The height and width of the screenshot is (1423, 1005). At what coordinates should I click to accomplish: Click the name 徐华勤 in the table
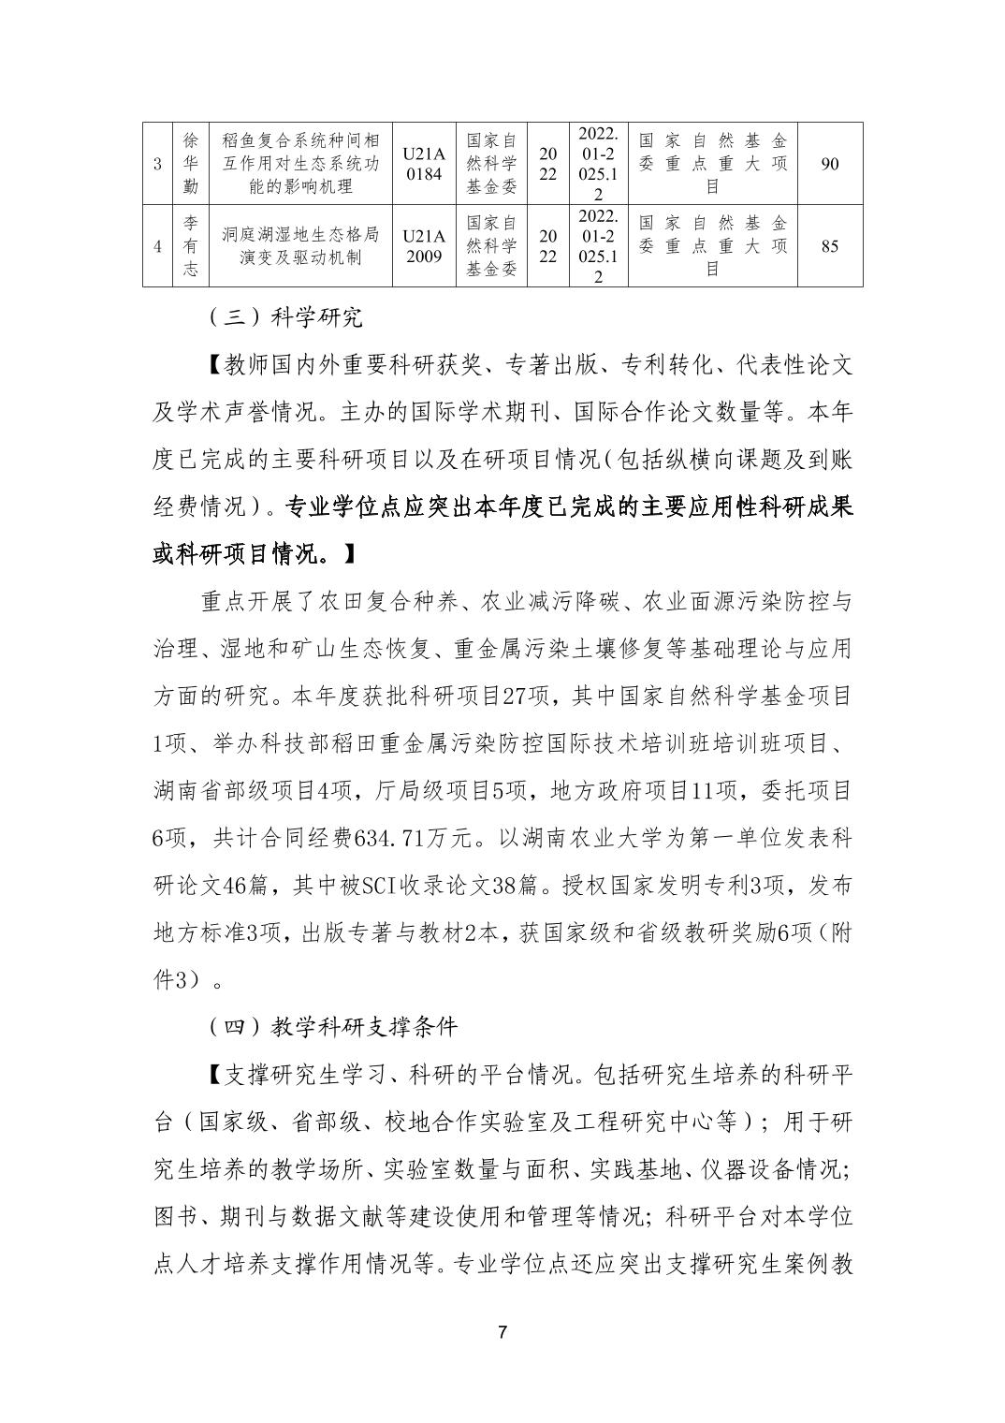[x=191, y=164]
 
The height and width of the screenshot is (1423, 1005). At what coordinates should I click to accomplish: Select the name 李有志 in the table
[x=191, y=246]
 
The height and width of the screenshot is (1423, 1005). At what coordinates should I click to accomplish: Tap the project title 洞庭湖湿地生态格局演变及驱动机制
[x=299, y=246]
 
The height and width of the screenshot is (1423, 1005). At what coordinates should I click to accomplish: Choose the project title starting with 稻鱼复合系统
[x=299, y=164]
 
